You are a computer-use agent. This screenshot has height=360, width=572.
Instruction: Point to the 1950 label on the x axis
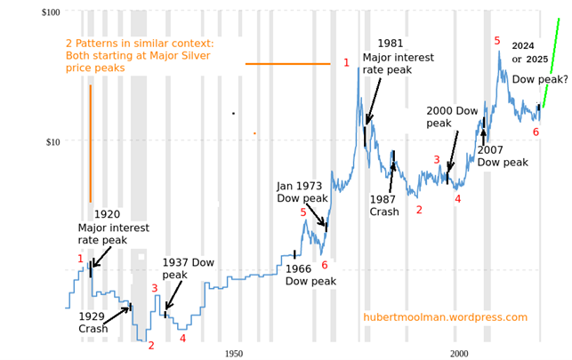click(234, 354)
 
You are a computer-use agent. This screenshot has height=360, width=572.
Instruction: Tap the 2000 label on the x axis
click(459, 354)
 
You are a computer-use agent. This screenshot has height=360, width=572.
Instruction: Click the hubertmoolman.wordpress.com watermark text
click(445, 317)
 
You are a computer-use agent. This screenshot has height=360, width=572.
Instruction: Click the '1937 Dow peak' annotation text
click(188, 268)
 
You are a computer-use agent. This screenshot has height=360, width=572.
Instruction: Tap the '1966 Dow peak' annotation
click(310, 275)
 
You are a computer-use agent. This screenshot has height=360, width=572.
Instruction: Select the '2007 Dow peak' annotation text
click(503, 156)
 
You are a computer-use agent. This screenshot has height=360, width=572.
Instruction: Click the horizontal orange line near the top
click(287, 63)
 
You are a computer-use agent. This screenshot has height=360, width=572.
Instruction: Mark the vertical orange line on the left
click(90, 142)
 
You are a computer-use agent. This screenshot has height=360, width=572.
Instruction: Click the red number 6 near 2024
click(536, 132)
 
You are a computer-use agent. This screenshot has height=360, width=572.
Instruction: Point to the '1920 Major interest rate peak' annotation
click(114, 227)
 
